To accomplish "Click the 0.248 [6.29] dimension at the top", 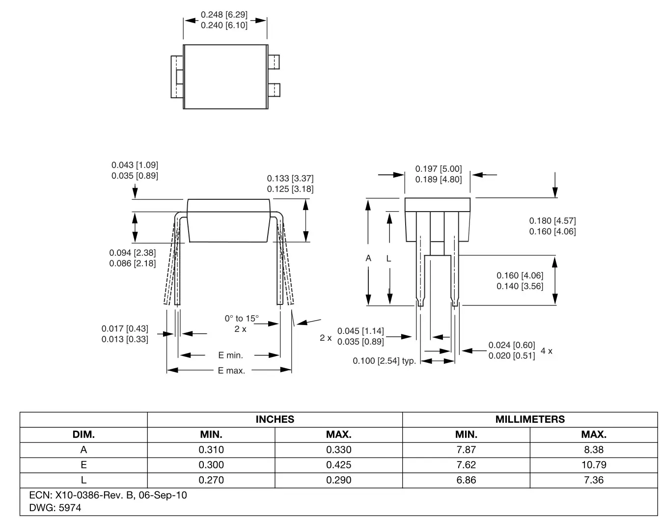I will (224, 15).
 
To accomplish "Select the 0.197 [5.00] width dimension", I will (439, 169).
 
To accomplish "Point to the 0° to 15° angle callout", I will (241, 318).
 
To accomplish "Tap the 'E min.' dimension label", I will (230, 355).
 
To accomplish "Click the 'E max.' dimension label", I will (231, 371).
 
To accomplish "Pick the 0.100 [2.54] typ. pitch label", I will (384, 361).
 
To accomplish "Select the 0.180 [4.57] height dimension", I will (552, 221).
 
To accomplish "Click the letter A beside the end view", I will (368, 258).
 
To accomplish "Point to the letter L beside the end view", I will (388, 258).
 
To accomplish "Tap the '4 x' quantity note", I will (546, 351).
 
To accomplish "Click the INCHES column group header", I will (275, 419).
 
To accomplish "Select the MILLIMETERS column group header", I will (529, 419).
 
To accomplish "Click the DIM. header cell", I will (83, 435).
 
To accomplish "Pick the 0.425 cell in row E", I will (338, 464).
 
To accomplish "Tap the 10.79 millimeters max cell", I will (593, 464).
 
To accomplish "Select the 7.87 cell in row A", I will (466, 449).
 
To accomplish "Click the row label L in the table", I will (83, 480).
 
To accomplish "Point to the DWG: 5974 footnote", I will (55, 508).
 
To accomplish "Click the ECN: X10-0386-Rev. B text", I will (108, 495).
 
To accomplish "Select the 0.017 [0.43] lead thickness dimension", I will (125, 328).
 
